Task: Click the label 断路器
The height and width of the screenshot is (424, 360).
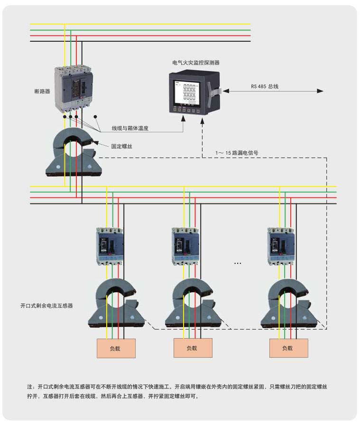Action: (x=42, y=91)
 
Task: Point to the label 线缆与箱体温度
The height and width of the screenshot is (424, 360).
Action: (x=130, y=128)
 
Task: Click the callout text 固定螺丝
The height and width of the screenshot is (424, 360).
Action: (x=121, y=147)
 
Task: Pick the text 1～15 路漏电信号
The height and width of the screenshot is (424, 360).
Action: (x=237, y=153)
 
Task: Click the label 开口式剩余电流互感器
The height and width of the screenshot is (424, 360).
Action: (x=46, y=306)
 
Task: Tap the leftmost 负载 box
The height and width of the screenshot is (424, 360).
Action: (x=116, y=348)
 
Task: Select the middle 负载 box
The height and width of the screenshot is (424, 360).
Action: (x=192, y=348)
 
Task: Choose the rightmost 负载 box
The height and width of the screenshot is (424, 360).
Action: (x=287, y=348)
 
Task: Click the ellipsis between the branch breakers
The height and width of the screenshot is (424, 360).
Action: (x=238, y=262)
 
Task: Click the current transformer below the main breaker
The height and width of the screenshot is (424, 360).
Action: (x=74, y=152)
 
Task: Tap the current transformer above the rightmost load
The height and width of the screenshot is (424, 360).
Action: (x=287, y=304)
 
